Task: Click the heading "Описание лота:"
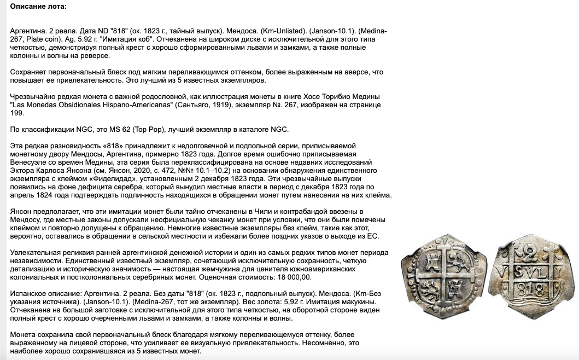(38, 6)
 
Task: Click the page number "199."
(17, 113)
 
